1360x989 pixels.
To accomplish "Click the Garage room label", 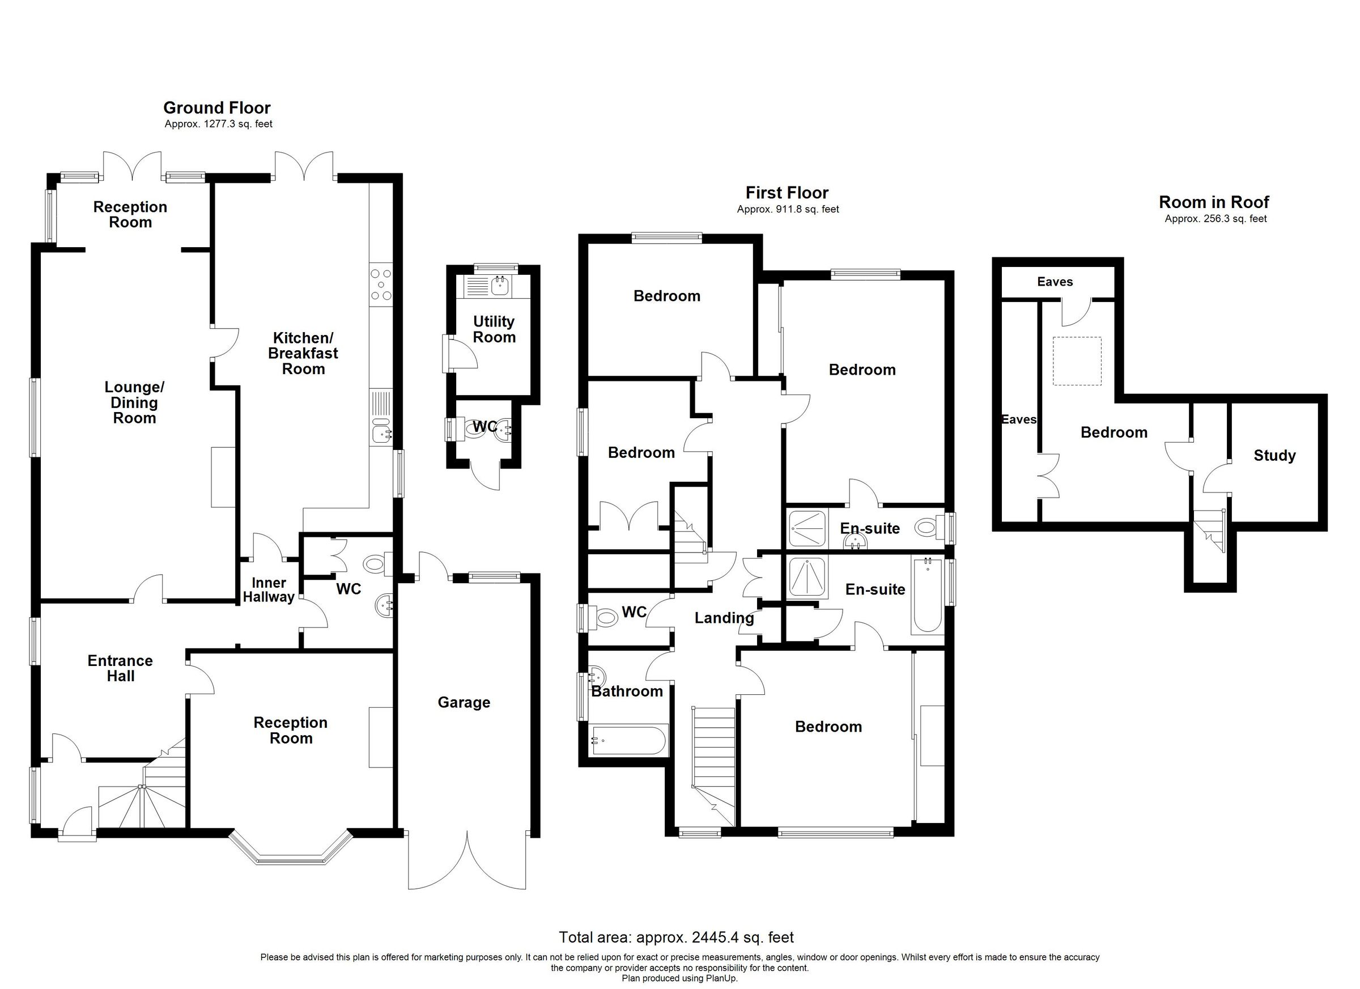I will (464, 702).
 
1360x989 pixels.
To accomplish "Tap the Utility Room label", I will (494, 329).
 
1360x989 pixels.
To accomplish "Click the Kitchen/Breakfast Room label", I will (303, 353).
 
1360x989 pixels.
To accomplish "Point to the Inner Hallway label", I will (269, 589).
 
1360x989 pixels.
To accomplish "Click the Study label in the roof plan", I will (1274, 456).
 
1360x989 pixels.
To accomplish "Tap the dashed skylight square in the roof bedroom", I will (1077, 361).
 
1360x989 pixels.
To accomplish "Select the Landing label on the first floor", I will (724, 618).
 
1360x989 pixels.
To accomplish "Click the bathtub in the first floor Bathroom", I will (628, 741).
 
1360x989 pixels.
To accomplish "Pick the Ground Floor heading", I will (217, 108).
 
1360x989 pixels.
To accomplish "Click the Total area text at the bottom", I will (676, 937).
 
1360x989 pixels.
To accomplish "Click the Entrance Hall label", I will (120, 668).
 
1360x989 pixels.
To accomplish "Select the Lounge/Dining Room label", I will (134, 402).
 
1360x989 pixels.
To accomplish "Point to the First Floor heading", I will (787, 193).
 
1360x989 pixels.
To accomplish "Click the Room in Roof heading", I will (1214, 202).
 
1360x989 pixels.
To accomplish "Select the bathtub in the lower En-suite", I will (927, 596).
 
